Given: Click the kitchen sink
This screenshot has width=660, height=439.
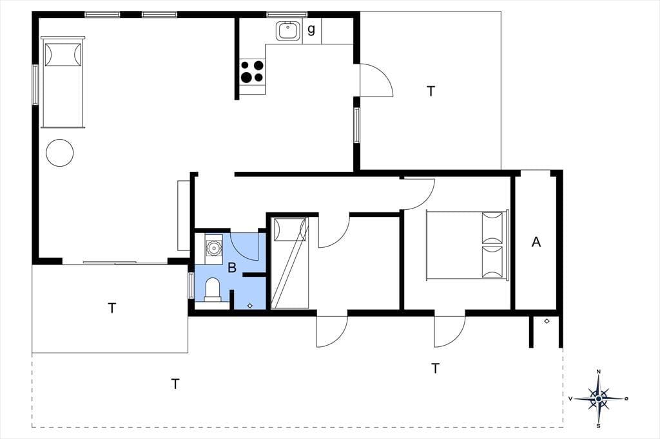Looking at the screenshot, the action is click(288, 32).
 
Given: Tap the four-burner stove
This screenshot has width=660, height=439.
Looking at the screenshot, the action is click(252, 71).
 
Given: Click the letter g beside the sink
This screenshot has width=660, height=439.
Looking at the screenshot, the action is click(311, 30).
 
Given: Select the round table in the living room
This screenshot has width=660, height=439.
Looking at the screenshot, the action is click(60, 153).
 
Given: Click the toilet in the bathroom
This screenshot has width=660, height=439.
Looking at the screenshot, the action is click(213, 289).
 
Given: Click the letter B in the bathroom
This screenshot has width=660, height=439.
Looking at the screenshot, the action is click(232, 267).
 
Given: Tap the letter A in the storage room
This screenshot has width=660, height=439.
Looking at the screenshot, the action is click(536, 242).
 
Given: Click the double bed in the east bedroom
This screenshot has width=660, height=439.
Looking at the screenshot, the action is click(467, 245).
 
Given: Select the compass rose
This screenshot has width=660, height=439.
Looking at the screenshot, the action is click(598, 398).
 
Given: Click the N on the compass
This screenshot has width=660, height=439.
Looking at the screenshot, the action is click(599, 371).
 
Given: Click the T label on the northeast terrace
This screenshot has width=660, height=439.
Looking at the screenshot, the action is click(431, 91).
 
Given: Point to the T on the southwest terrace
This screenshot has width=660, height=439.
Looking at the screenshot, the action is click(112, 308).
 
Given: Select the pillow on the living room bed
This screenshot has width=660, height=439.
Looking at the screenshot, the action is click(63, 54).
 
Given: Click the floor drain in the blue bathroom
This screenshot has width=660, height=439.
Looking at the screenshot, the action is click(249, 306).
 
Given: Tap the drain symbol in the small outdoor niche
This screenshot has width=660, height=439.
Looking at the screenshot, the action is click(547, 321).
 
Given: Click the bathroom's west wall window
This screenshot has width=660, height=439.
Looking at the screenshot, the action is click(191, 286).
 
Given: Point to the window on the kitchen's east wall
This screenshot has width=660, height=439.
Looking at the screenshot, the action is click(356, 125).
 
